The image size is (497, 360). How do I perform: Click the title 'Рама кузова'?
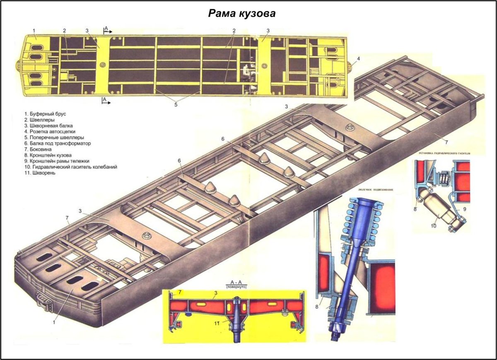coord(242,14)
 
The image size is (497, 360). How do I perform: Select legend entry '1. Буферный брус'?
coord(45,113)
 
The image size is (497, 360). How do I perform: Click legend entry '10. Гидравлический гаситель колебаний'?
coord(70,167)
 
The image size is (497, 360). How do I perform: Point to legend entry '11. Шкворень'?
coord(40,173)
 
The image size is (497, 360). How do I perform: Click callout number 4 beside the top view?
coord(358,58)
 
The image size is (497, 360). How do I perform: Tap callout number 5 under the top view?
coord(176,104)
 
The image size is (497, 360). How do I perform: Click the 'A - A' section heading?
coord(236,282)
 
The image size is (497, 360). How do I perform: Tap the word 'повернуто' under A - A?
coord(236,287)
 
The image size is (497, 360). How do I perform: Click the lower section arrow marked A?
coord(106,100)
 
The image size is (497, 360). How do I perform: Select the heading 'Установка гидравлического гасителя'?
coord(445,153)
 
